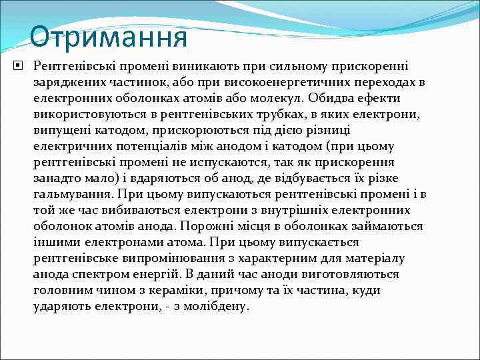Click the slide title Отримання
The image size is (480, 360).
[108, 37]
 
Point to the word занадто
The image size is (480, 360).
[57, 178]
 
